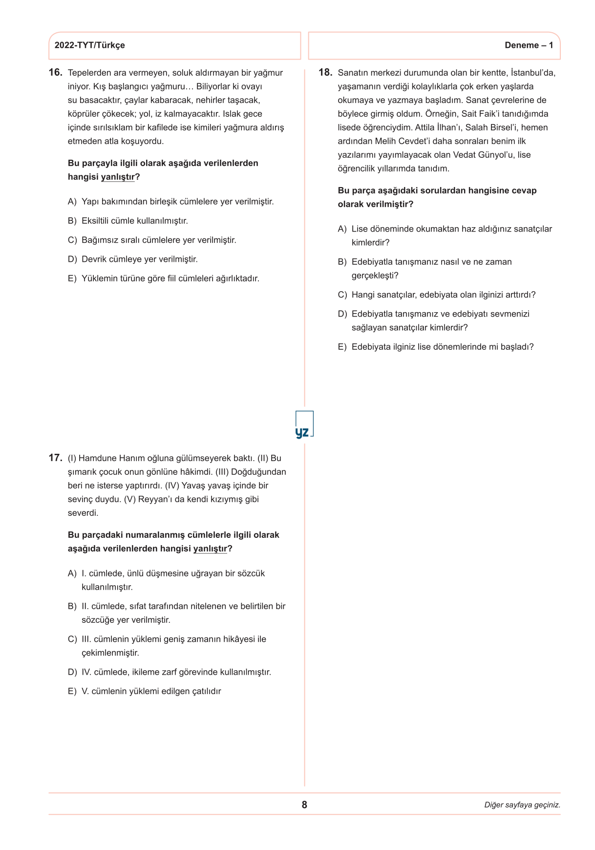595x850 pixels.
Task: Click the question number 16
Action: point(55,73)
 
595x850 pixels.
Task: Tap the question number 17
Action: point(55,458)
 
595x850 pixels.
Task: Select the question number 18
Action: point(325,73)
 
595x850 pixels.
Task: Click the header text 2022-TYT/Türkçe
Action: point(89,45)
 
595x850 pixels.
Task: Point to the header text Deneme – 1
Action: point(529,45)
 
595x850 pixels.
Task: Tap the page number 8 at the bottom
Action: point(304,805)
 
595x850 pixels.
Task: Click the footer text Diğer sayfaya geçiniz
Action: point(522,805)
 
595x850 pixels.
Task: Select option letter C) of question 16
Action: point(72,240)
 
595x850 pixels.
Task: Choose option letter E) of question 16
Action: point(72,278)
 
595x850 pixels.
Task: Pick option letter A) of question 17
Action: point(72,574)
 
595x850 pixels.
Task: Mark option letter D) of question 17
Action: point(72,672)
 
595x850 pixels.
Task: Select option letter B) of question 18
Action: point(342,262)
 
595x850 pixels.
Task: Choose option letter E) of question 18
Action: point(342,347)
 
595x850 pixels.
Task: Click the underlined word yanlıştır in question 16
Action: point(118,177)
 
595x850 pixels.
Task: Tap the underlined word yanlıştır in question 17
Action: point(210,549)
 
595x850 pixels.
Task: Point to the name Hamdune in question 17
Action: point(96,458)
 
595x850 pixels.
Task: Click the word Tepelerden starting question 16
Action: point(89,73)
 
